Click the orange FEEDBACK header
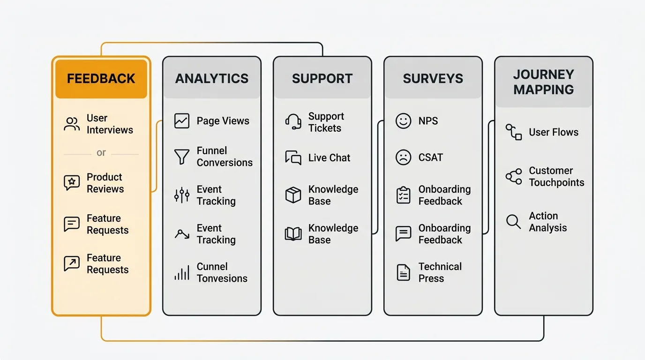(101, 78)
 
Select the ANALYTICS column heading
(212, 78)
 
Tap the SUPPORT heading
(322, 78)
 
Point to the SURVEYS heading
(433, 78)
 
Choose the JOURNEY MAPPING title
(543, 82)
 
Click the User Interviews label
(110, 124)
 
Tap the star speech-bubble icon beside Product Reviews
(72, 182)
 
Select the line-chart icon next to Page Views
(181, 121)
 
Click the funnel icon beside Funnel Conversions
(181, 157)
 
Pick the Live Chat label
(329, 158)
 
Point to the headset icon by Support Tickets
(293, 122)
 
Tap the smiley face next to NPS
(403, 121)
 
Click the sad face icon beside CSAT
(403, 157)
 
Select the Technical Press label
(440, 272)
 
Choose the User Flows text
(553, 133)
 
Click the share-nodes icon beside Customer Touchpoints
(514, 177)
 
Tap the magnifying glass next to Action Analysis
(514, 222)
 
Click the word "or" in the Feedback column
(101, 153)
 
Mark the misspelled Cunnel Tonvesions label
(222, 272)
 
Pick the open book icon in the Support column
(293, 234)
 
